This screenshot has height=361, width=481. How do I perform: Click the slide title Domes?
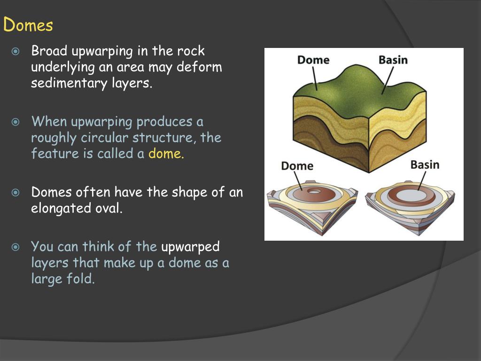[x=28, y=24]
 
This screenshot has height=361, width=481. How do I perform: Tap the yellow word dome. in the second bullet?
[x=166, y=154]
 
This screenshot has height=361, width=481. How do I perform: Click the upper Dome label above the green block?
[x=313, y=60]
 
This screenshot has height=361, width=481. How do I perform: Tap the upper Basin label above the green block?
[x=393, y=60]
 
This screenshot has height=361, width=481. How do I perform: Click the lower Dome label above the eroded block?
[x=297, y=165]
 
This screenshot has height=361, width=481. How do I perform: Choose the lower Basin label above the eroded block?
[x=425, y=165]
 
